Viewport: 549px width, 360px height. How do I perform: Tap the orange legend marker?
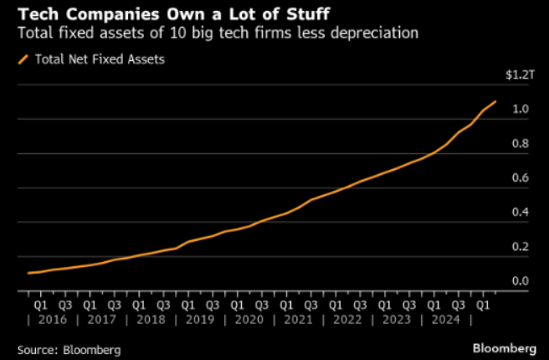23,59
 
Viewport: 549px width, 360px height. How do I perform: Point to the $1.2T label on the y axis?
519,75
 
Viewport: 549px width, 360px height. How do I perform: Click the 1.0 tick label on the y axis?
521,109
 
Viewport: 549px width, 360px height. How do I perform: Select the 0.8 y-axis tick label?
521,143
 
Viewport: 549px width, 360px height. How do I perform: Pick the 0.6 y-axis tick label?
521,177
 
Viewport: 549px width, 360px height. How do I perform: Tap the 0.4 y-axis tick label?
521,212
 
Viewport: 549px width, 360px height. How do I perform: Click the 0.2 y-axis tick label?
521,246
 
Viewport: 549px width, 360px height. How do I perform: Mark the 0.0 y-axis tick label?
521,280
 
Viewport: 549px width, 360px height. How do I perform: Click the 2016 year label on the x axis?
54,320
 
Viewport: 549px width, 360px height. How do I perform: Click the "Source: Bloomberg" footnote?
68,348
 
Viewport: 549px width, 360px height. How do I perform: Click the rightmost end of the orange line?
495,102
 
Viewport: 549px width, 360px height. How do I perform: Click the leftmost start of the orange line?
28,273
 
